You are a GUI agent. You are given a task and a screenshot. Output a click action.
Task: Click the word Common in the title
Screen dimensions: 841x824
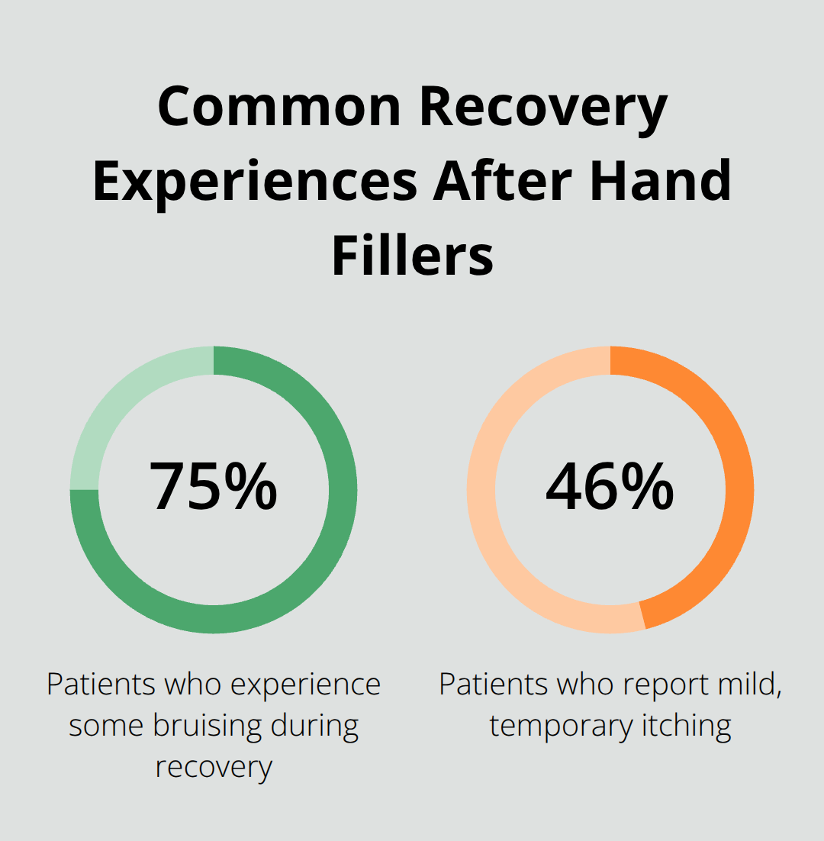tap(279, 108)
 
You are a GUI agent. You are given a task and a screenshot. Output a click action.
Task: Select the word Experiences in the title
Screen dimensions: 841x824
tap(254, 182)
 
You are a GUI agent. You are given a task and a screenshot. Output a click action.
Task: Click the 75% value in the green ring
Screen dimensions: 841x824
tap(213, 486)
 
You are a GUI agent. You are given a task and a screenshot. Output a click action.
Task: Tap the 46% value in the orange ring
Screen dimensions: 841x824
tap(610, 486)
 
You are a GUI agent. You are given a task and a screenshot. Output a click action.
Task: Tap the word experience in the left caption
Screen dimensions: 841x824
tap(305, 685)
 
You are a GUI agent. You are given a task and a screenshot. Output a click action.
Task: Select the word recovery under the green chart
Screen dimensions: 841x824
tap(213, 765)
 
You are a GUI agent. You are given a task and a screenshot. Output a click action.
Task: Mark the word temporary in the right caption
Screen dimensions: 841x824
tap(561, 725)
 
